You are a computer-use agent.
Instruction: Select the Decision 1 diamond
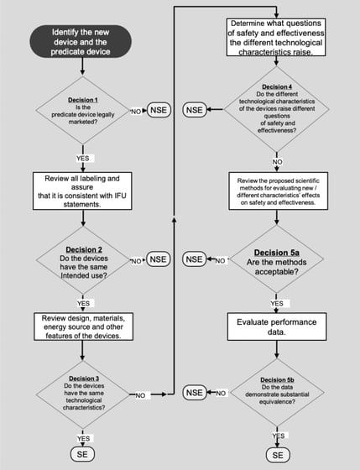tap(83, 110)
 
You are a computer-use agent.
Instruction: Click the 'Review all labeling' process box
tap(83, 191)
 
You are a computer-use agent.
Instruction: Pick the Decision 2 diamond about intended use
tap(83, 261)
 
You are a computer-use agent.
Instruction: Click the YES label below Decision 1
tap(83, 158)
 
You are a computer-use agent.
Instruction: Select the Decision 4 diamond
tap(275, 110)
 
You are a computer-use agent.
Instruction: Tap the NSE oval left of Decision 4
tap(194, 110)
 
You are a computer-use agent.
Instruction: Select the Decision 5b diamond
tap(275, 392)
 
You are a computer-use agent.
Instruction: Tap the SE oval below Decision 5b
tap(275, 455)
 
